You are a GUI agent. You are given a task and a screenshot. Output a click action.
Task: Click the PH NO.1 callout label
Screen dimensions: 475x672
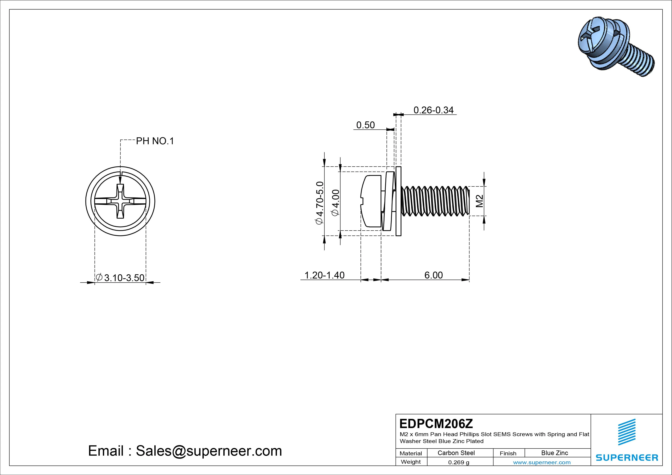pos(155,141)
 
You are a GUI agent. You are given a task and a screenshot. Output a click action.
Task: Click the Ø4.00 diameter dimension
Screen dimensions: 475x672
pos(335,202)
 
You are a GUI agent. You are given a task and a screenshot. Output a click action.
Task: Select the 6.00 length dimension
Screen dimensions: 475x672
pos(434,275)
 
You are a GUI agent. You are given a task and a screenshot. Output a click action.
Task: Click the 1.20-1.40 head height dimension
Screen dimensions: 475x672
pos(324,275)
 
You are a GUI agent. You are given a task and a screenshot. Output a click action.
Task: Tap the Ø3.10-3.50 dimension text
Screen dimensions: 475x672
pos(120,278)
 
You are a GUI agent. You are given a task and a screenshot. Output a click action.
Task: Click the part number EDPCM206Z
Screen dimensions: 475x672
pos(436,423)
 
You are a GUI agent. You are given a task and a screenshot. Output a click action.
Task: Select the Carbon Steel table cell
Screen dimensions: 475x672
pos(456,453)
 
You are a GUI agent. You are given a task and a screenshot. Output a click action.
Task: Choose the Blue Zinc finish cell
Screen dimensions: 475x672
pos(554,453)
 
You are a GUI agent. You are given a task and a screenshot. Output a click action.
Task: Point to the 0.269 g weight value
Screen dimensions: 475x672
pos(458,462)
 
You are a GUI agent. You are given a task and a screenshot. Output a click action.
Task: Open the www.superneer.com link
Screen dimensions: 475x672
pos(542,462)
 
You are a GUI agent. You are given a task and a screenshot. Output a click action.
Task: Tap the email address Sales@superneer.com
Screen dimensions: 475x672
pos(209,451)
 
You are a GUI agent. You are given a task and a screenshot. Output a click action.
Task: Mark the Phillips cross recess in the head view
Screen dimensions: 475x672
pos(120,201)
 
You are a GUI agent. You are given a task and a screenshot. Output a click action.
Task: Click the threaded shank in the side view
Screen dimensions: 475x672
pos(435,201)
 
